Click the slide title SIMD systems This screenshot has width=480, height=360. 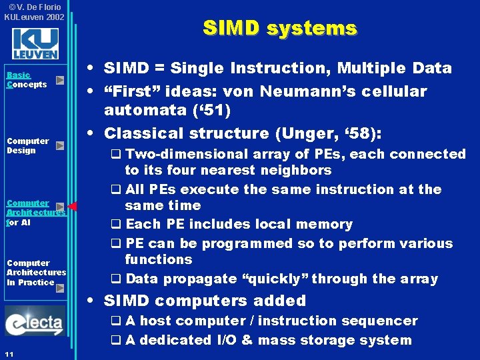click(x=280, y=28)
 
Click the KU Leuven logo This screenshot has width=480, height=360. click(x=35, y=43)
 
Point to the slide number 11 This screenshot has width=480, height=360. click(x=9, y=353)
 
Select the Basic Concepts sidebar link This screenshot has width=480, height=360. click(x=27, y=80)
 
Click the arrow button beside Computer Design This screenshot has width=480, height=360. click(x=60, y=145)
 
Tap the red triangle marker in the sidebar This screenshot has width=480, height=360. click(x=73, y=207)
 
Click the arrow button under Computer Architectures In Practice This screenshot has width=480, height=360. click(x=60, y=288)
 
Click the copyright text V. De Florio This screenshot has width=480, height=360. click(x=34, y=7)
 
